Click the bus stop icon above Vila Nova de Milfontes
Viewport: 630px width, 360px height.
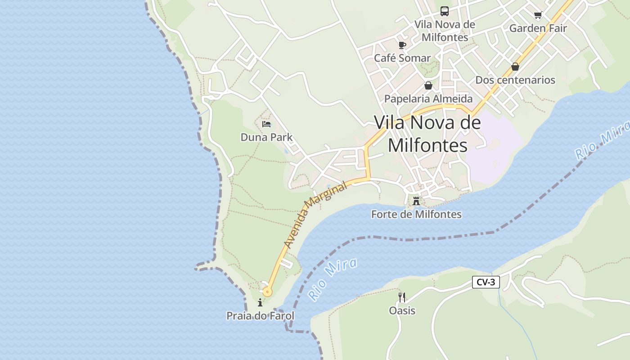(x=445, y=11)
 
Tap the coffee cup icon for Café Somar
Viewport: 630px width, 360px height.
(x=402, y=45)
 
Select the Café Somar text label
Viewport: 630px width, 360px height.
(x=402, y=58)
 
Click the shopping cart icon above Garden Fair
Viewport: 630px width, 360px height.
(x=538, y=15)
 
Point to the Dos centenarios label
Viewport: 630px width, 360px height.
(x=515, y=80)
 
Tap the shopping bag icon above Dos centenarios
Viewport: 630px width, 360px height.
(x=515, y=67)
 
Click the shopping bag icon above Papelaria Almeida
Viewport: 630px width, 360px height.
(x=428, y=85)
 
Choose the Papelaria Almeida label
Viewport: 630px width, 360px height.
(x=428, y=99)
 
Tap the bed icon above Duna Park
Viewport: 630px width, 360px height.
(x=266, y=124)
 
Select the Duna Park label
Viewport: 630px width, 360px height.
(x=266, y=137)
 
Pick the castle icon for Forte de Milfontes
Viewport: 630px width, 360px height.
(x=416, y=201)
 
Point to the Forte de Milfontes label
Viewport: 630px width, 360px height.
(x=416, y=214)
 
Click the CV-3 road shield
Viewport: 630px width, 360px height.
(x=486, y=282)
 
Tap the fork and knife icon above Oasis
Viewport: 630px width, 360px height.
(x=402, y=297)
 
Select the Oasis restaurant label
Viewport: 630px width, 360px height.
(x=402, y=310)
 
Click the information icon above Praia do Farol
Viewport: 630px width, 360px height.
(x=260, y=303)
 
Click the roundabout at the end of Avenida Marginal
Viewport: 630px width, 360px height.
(x=268, y=292)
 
